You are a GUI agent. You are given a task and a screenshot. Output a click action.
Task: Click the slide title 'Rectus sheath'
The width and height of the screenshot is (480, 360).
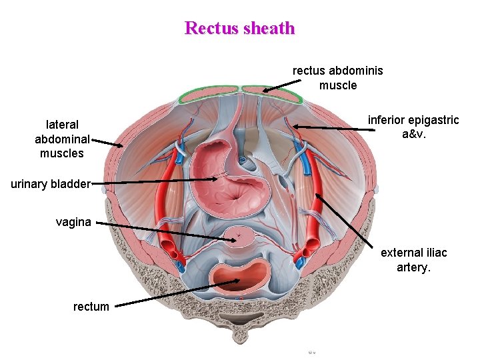click(x=239, y=28)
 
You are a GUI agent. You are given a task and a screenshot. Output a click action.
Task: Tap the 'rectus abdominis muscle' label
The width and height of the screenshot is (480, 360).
click(x=338, y=77)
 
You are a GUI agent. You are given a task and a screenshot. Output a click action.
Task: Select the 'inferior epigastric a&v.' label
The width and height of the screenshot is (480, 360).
click(x=413, y=127)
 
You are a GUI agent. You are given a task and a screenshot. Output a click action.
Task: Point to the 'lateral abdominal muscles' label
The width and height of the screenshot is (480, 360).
click(x=63, y=139)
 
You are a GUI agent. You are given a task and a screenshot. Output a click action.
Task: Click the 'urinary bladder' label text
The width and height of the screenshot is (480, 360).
click(x=51, y=183)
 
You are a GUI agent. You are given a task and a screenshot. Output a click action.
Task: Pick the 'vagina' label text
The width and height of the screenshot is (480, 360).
click(x=73, y=222)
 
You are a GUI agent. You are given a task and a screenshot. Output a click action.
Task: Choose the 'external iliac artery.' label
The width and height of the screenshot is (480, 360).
click(x=413, y=260)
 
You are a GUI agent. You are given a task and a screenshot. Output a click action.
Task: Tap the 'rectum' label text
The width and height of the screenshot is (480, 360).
click(x=91, y=307)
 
